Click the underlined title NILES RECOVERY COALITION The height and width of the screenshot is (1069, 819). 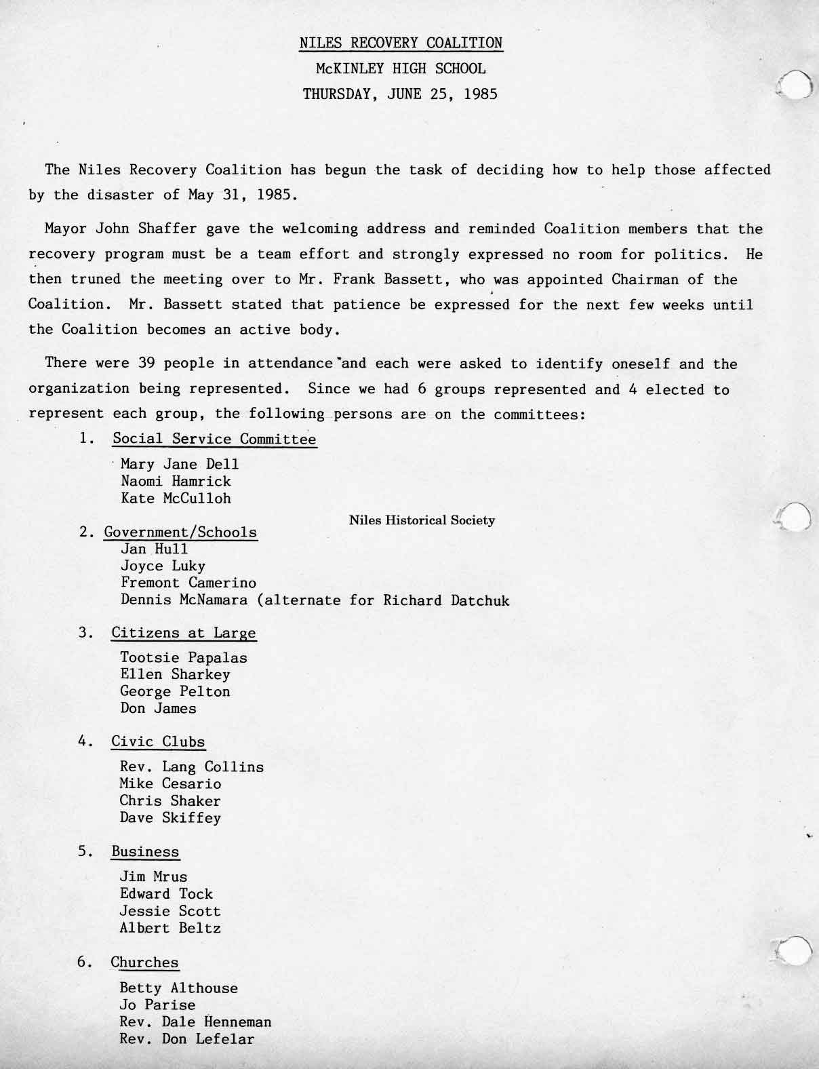(x=401, y=43)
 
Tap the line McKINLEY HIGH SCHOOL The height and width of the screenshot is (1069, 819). (x=401, y=69)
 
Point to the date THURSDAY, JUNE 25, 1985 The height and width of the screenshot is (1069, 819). (x=400, y=94)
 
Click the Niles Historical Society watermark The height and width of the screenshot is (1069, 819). (x=422, y=521)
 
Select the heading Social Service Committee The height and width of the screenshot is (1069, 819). (x=214, y=439)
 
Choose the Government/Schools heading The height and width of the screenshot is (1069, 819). (x=180, y=532)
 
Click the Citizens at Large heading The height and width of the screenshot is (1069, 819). (x=184, y=633)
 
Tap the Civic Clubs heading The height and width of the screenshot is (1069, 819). (x=158, y=741)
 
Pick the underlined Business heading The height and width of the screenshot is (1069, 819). (x=145, y=852)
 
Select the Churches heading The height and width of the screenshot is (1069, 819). (x=144, y=963)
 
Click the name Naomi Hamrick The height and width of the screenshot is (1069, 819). (x=176, y=482)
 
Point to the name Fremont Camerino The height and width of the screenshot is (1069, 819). (x=188, y=583)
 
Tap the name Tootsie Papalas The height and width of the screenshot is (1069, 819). (x=183, y=657)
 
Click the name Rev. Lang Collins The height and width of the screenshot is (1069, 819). (x=192, y=767)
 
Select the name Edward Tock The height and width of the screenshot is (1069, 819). (x=166, y=894)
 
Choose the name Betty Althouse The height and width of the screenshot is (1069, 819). (x=178, y=988)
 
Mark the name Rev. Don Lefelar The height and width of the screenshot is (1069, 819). (x=187, y=1038)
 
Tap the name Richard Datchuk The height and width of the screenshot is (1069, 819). (x=446, y=600)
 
